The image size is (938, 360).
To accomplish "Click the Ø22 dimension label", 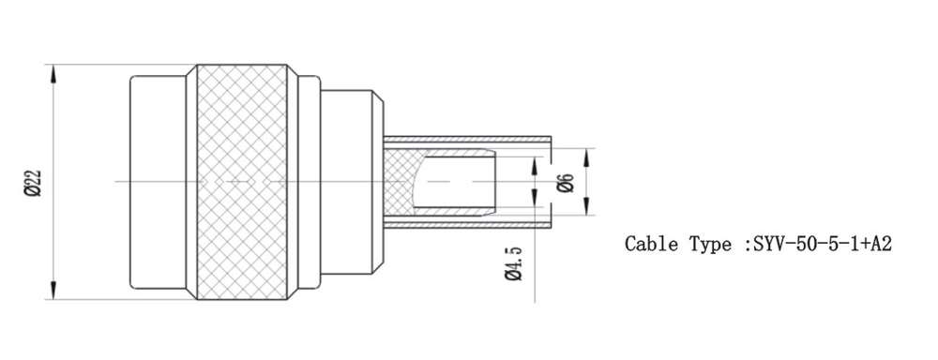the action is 34,183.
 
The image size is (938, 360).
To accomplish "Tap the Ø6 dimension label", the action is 566,183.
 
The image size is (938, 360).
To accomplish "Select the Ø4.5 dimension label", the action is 514,263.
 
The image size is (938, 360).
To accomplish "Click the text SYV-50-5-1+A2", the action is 823,244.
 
